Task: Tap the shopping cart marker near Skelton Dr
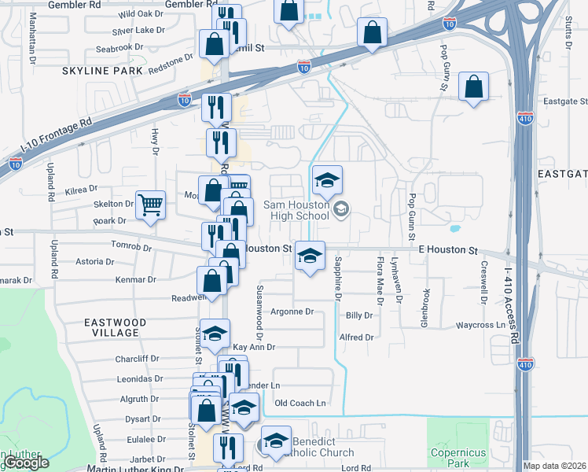(150, 206)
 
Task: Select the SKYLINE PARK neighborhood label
(104, 71)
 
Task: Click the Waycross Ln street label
(480, 324)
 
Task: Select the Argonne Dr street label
(292, 312)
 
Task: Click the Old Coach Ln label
(300, 404)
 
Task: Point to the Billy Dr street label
(359, 315)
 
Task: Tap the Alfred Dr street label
(356, 337)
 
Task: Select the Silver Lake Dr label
(138, 31)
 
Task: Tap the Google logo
(27, 463)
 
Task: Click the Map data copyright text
(555, 466)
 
